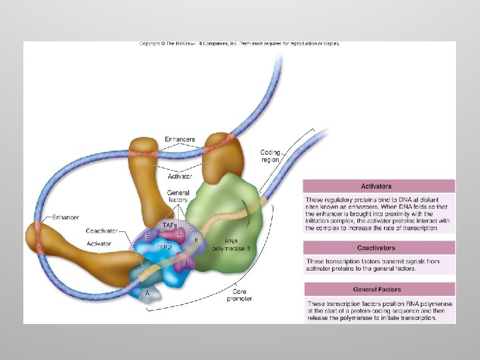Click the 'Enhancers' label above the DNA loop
click(x=179, y=139)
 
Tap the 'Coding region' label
click(x=270, y=157)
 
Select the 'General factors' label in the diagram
click(x=178, y=196)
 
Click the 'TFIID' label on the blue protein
click(x=164, y=246)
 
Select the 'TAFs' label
click(x=170, y=225)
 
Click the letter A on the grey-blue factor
click(x=147, y=292)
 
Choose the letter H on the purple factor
click(x=185, y=263)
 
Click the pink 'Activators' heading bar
click(x=379, y=186)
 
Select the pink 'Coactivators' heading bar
click(x=379, y=247)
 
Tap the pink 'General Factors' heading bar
click(x=379, y=289)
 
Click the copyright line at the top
click(x=239, y=44)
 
